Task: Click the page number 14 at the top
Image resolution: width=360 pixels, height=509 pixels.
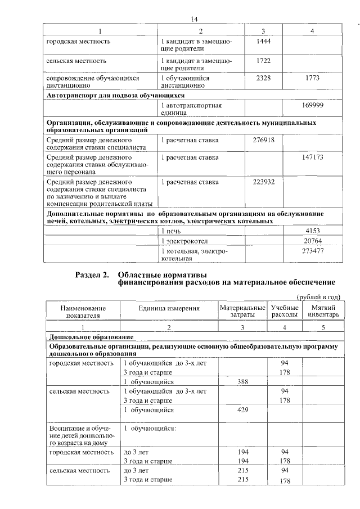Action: click(195, 19)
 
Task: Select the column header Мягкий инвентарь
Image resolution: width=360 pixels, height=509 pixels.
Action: click(323, 312)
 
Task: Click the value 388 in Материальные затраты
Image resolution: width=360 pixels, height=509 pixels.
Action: click(243, 382)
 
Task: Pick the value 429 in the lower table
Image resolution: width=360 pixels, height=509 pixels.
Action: click(243, 411)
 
